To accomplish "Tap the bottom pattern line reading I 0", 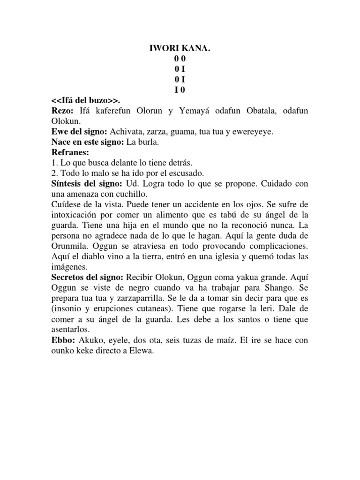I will (180, 90).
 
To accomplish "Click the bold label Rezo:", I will (63, 111).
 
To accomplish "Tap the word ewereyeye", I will (253, 132).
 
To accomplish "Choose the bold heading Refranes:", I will (70, 152).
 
